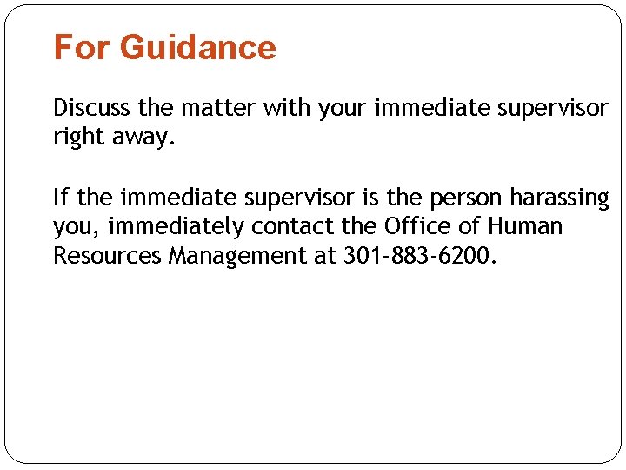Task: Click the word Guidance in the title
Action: coord(198,47)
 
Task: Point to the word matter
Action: coord(221,109)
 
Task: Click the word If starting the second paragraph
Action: coord(62,198)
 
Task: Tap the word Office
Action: coord(412,227)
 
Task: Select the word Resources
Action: coord(108,256)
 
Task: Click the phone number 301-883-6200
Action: coord(419,256)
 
